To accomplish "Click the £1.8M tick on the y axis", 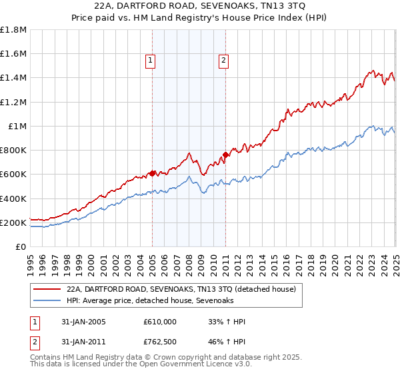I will (x=13, y=30).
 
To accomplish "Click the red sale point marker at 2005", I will (x=152, y=173).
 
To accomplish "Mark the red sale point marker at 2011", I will (x=225, y=155).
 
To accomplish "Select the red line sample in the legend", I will (x=47, y=288).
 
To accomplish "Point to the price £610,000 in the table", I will (x=161, y=322).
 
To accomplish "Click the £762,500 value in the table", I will (x=161, y=343).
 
